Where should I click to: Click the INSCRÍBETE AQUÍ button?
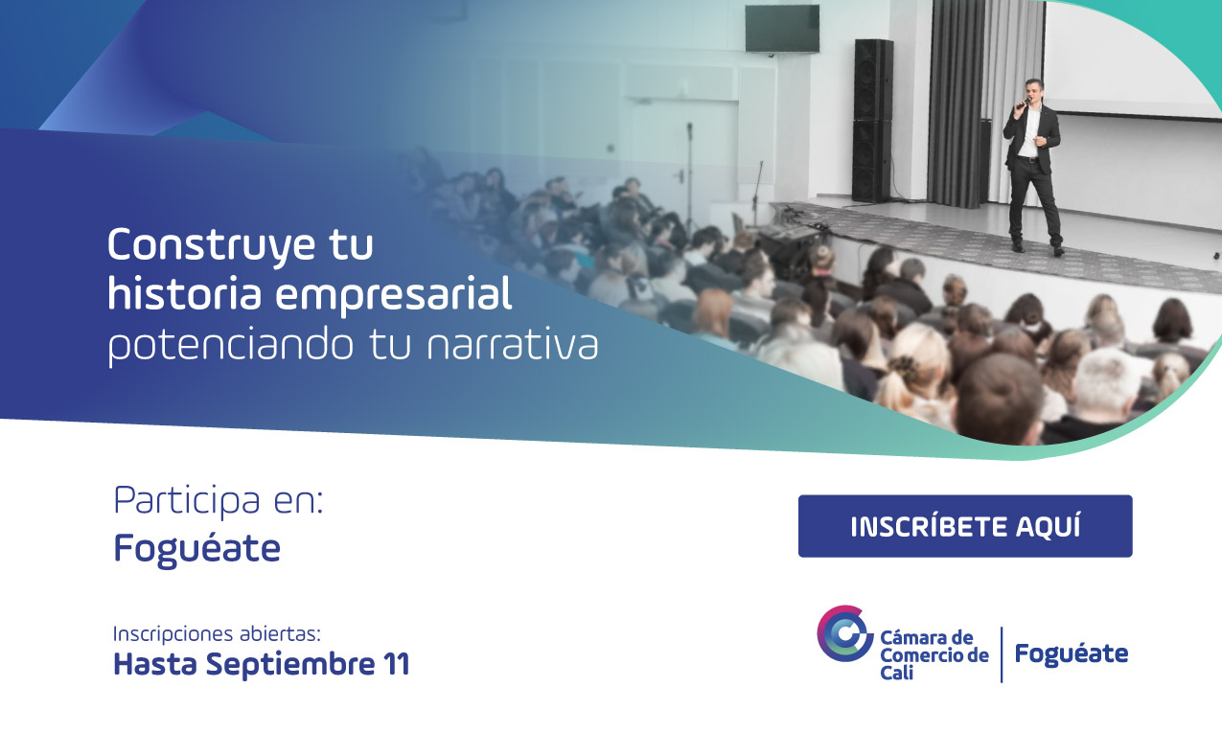click(x=965, y=526)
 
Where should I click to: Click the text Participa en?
click(x=219, y=501)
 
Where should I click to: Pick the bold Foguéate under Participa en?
click(x=196, y=549)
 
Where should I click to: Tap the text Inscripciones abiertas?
click(x=217, y=634)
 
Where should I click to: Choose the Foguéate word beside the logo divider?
click(x=1071, y=654)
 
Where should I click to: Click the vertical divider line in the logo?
click(x=1002, y=654)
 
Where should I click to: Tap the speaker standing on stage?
click(x=1032, y=163)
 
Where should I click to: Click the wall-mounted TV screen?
click(x=782, y=29)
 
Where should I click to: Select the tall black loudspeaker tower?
click(x=873, y=120)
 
